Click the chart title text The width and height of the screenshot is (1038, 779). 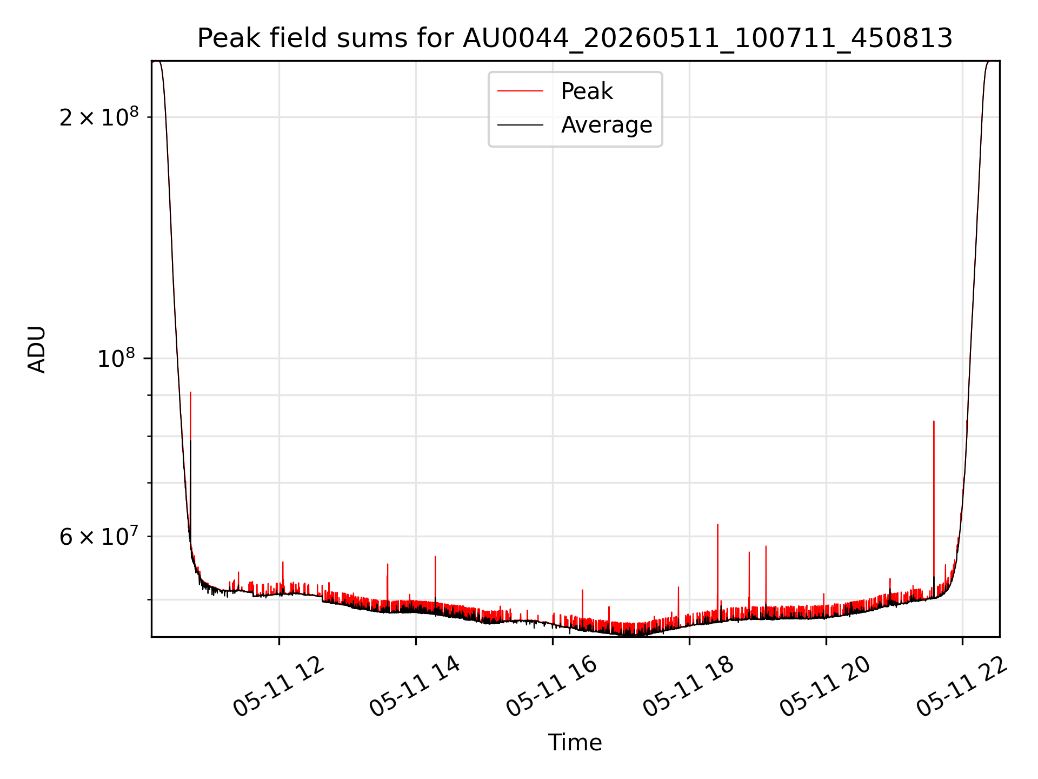click(x=575, y=38)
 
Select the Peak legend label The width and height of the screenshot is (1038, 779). click(x=587, y=91)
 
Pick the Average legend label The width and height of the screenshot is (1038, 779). click(x=607, y=125)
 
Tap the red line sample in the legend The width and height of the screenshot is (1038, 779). click(x=520, y=91)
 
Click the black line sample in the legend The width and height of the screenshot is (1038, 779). click(x=520, y=125)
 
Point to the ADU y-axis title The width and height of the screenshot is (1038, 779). click(x=37, y=349)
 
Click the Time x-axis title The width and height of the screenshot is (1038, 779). click(x=575, y=743)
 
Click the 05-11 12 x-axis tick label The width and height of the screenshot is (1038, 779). click(x=279, y=686)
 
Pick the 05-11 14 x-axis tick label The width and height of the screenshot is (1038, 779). click(x=415, y=686)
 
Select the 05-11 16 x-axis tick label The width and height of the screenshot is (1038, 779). click(x=552, y=686)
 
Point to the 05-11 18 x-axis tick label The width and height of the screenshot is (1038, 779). click(x=689, y=686)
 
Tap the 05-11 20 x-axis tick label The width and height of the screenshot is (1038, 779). click(x=826, y=686)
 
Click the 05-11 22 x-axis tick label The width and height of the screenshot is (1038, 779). click(x=962, y=686)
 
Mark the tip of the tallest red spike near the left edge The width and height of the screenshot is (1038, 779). click(x=190, y=392)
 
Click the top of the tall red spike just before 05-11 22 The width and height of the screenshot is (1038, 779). click(x=934, y=421)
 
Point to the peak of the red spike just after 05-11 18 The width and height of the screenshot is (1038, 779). click(x=717, y=524)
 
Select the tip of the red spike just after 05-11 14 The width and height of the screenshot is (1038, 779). click(x=435, y=556)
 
